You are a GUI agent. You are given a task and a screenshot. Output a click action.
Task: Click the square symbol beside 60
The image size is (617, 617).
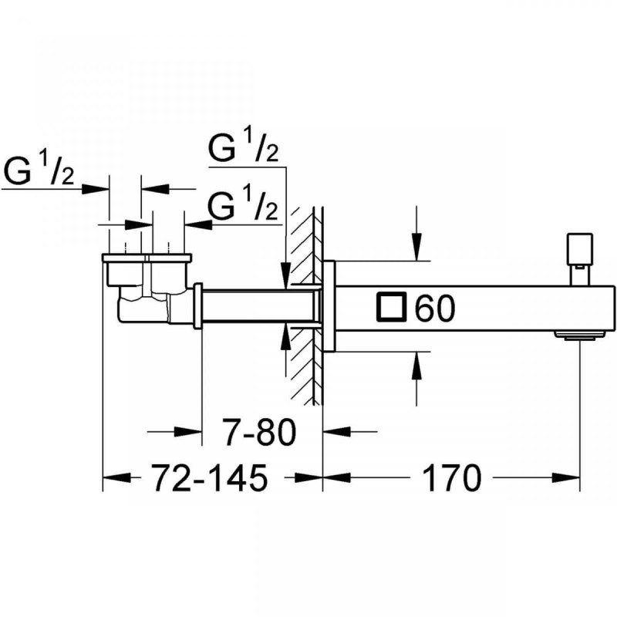tap(391, 308)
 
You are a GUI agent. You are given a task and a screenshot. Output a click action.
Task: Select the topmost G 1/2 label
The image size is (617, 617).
tap(244, 147)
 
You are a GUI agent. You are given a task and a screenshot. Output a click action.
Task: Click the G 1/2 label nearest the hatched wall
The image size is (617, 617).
tap(244, 206)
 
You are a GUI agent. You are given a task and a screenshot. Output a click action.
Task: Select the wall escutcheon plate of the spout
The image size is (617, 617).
tap(329, 306)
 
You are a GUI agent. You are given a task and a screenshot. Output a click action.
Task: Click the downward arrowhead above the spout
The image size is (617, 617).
tap(416, 250)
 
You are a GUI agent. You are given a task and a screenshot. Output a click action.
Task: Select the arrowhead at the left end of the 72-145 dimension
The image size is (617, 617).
tap(113, 478)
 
